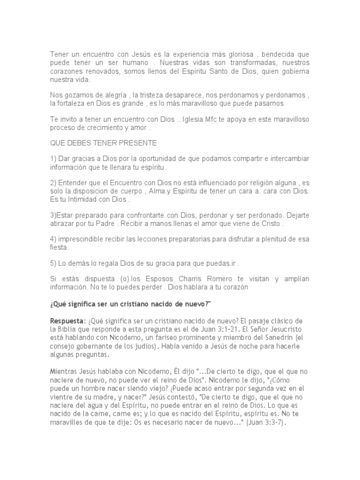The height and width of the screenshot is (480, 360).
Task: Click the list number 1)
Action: tap(53, 159)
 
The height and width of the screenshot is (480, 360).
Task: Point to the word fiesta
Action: tap(59, 248)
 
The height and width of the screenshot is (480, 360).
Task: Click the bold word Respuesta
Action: tap(67, 320)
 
